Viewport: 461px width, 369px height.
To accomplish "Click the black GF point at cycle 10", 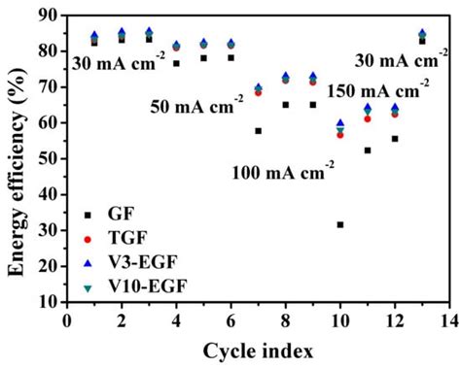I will (x=340, y=224).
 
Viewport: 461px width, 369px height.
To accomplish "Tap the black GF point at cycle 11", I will (x=368, y=150).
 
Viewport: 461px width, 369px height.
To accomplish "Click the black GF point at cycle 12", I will (x=395, y=138).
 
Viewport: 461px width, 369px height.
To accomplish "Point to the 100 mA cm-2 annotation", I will (x=283, y=173).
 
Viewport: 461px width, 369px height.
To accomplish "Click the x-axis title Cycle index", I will (x=258, y=350).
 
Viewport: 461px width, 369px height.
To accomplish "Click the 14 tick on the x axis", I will (x=449, y=319).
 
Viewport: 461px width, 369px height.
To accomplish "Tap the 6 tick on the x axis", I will (x=230, y=319).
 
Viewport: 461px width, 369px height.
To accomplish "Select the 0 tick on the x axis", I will (x=67, y=319).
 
